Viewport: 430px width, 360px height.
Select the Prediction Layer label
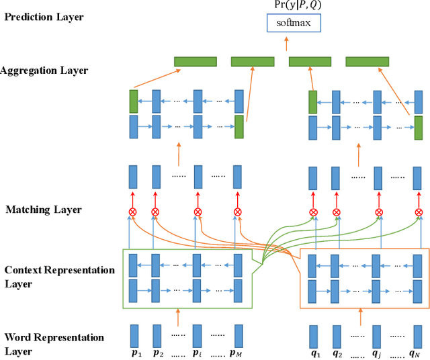(x=44, y=16)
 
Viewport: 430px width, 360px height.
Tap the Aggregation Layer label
(x=44, y=70)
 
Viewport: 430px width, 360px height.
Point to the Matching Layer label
(x=44, y=210)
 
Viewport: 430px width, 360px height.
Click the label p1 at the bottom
(x=134, y=352)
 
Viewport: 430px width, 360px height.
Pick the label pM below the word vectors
(x=238, y=352)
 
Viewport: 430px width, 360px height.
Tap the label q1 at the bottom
(x=314, y=352)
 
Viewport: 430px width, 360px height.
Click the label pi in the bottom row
(x=198, y=352)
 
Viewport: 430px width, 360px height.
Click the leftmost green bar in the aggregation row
(x=196, y=62)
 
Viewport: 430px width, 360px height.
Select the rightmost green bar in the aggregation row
(x=367, y=62)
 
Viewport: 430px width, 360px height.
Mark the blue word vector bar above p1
(x=134, y=335)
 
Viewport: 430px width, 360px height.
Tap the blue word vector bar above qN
(x=417, y=335)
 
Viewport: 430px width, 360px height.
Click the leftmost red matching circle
(x=133, y=212)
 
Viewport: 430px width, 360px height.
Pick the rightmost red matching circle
(x=419, y=212)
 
